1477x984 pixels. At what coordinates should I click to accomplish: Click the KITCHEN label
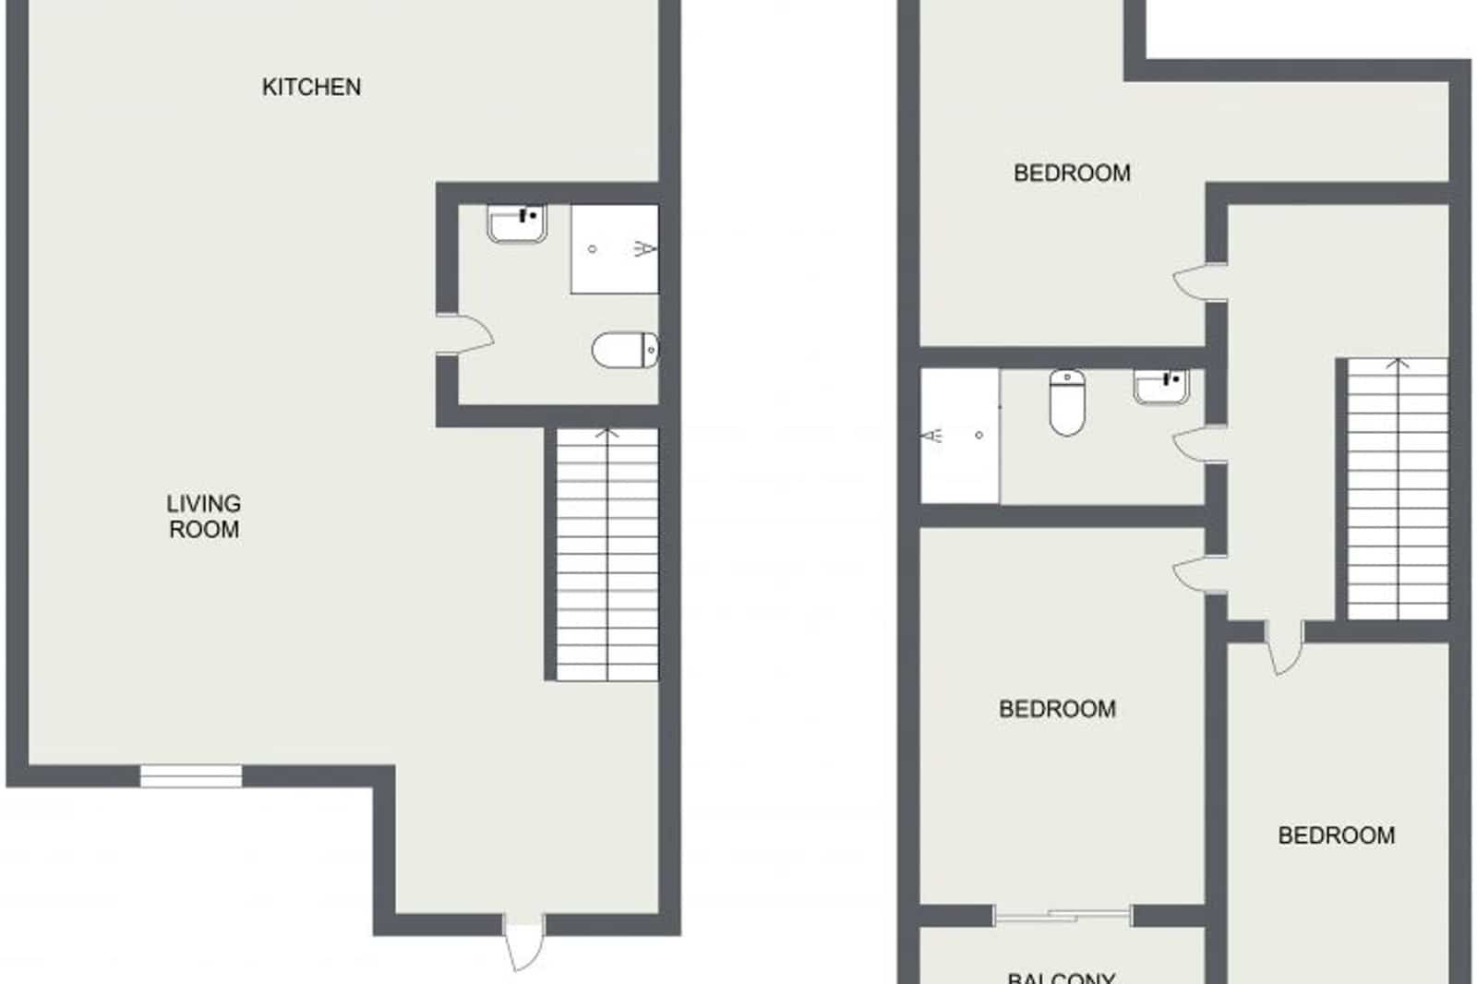coord(311,87)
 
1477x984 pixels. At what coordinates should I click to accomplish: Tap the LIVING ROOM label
coord(203,516)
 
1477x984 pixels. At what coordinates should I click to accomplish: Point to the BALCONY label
coord(1061,977)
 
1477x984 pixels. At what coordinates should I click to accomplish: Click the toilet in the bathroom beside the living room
coord(624,350)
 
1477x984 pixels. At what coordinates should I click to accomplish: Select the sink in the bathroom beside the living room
coord(517,223)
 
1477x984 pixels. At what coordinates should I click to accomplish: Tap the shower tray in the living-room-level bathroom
coord(614,249)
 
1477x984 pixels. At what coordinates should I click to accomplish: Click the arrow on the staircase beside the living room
coord(606,433)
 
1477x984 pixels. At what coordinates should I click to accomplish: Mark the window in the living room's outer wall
coord(191,775)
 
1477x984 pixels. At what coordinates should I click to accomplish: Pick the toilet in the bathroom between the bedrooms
coord(1067,402)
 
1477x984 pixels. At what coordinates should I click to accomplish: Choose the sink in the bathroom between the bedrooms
coord(1161,385)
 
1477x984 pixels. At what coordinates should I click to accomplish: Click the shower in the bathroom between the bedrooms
coord(959,436)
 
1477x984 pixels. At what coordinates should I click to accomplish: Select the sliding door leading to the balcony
coord(1063,915)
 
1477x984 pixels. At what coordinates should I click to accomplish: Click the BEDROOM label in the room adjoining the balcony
coord(1057,709)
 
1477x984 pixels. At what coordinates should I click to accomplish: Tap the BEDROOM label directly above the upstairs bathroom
coord(1072,173)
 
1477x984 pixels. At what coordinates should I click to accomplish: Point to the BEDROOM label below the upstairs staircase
coord(1336,835)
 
